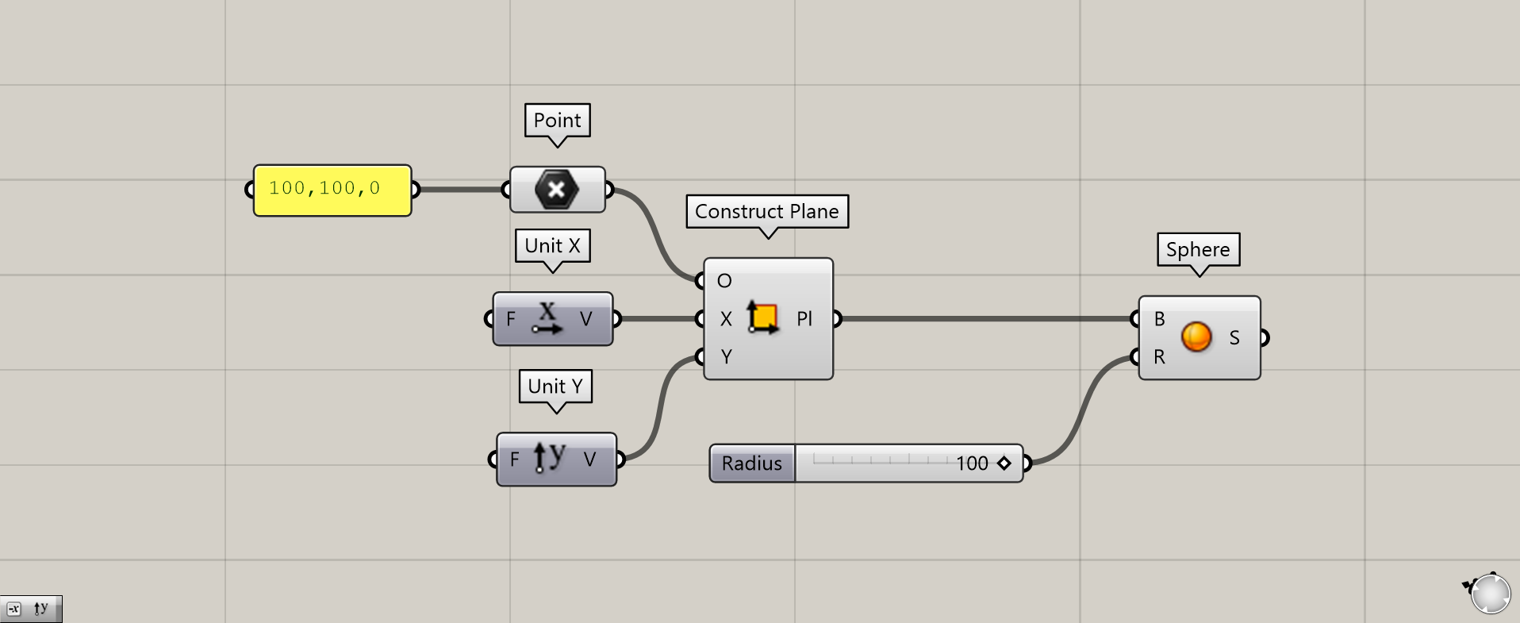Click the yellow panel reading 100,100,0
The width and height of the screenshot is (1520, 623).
tap(332, 190)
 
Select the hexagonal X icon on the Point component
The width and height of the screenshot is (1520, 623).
tap(557, 190)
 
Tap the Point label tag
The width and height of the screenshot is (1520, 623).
tap(557, 121)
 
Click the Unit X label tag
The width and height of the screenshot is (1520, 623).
tap(552, 246)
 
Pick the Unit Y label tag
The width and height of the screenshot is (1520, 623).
tap(555, 386)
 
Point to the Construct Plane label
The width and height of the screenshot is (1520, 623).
tap(767, 211)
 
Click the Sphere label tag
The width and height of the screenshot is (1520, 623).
tap(1198, 249)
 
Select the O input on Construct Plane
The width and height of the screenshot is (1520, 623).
tap(724, 281)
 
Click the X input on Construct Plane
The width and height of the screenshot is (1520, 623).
tap(726, 319)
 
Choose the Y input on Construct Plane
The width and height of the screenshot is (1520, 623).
tap(726, 357)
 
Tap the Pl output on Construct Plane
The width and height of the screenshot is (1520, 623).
tap(804, 319)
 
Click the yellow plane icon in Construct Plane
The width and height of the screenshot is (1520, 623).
tap(762, 317)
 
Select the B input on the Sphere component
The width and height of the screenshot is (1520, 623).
tap(1160, 319)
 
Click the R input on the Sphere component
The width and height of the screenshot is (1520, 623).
tap(1160, 357)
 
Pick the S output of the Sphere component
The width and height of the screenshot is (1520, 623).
tap(1234, 338)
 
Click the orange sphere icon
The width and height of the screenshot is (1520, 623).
tap(1196, 336)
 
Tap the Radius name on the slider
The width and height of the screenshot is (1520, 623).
tap(752, 463)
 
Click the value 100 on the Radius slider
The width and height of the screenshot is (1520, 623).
tap(972, 463)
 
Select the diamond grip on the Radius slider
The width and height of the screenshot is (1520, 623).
tap(1004, 463)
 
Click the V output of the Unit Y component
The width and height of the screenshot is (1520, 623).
tap(589, 460)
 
